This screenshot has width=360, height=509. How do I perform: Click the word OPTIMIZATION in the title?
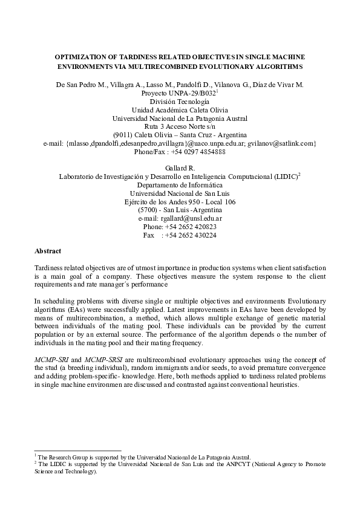tap(83, 55)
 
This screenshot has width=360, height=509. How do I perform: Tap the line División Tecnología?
tap(180, 103)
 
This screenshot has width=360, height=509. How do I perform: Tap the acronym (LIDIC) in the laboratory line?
tap(284, 177)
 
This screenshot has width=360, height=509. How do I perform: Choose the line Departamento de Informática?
tap(180, 185)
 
